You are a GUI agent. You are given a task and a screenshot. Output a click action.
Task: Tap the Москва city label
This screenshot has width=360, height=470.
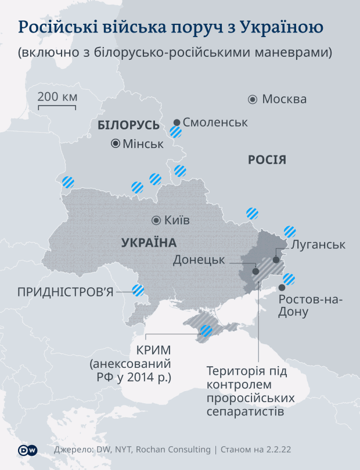tap(284, 99)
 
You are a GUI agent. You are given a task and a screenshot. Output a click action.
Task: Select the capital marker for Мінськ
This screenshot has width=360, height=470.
tap(116, 143)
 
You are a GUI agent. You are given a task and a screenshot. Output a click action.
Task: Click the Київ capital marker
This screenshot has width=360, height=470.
tap(156, 220)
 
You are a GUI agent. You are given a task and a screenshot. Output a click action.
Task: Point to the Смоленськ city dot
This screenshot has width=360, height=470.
tap(177, 122)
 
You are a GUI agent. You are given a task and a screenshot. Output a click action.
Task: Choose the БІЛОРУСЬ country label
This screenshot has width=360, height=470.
tap(128, 126)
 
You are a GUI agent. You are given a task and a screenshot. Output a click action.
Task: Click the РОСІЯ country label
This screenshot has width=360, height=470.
tap(267, 160)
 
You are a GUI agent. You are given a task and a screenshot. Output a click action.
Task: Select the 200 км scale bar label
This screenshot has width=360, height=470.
tap(57, 96)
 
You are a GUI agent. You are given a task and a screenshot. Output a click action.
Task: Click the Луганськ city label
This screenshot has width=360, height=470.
tap(318, 244)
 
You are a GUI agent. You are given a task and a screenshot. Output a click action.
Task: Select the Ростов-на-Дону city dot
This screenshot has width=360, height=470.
tap(282, 287)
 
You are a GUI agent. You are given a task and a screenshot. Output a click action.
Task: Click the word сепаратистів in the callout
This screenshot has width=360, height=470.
tap(245, 413)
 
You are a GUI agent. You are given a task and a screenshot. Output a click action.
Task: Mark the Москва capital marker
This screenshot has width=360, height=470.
tap(253, 99)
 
